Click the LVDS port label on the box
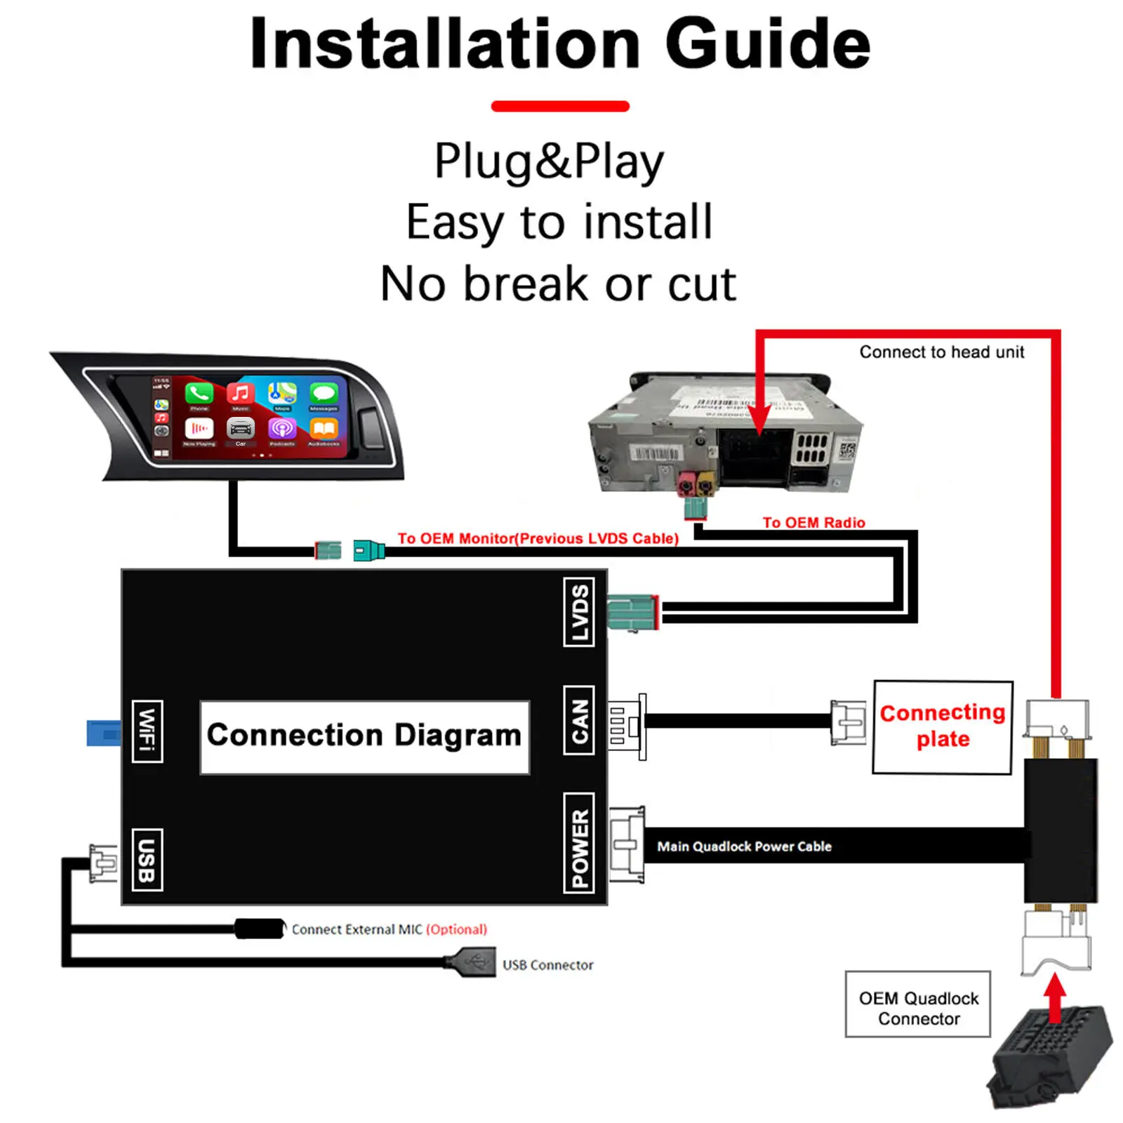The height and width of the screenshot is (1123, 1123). click(x=578, y=611)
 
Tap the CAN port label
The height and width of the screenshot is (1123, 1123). click(x=578, y=720)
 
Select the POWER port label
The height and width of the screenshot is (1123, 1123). click(x=578, y=843)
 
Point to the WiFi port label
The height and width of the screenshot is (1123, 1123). click(x=147, y=731)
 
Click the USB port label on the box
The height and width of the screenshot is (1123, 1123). click(x=147, y=860)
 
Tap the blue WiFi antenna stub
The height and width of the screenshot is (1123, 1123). click(x=103, y=733)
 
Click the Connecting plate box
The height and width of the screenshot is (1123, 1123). click(x=942, y=727)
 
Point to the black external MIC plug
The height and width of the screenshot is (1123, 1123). click(x=259, y=929)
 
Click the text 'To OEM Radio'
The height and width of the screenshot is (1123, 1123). click(x=813, y=522)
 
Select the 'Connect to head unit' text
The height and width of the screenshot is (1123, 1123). click(x=941, y=352)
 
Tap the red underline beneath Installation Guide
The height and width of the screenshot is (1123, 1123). click(x=560, y=106)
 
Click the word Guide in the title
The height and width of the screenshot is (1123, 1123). click(x=767, y=44)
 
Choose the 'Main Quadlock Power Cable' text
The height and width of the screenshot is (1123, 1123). click(x=744, y=846)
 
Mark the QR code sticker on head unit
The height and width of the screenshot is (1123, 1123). click(x=846, y=448)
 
